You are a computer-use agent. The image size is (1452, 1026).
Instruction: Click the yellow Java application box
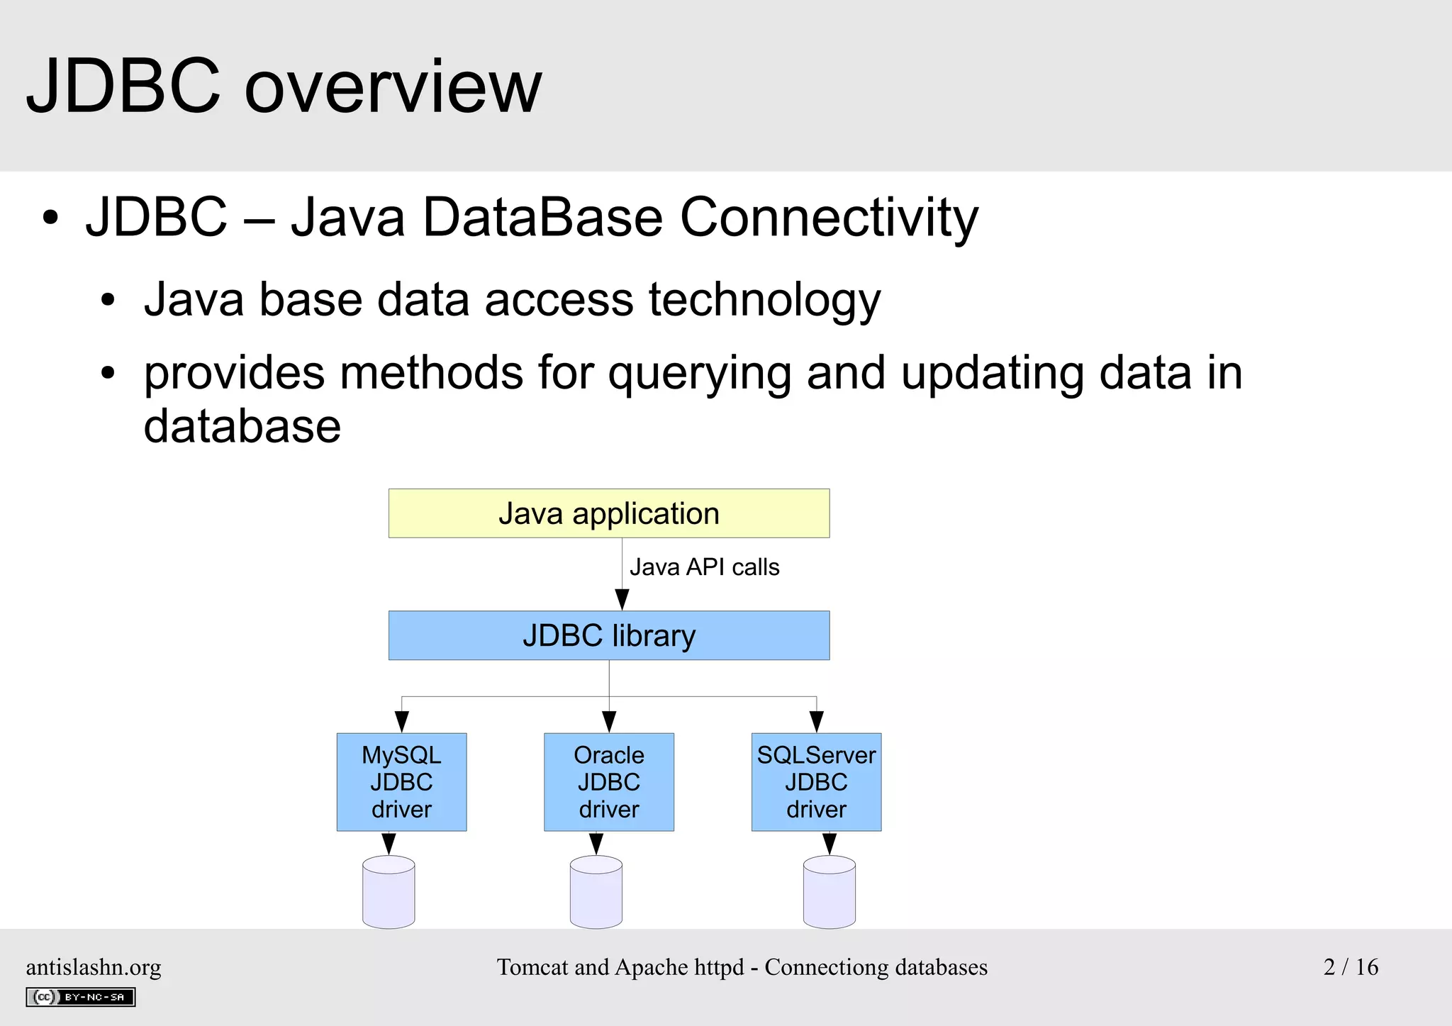click(608, 513)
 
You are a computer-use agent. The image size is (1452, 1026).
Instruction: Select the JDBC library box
click(608, 635)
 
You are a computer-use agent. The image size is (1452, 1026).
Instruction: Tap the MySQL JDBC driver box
click(401, 782)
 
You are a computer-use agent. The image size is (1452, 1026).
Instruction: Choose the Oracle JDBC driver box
click(608, 782)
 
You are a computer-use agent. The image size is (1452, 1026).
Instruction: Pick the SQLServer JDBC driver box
click(816, 782)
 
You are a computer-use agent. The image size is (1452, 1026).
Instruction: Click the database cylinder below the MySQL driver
click(389, 893)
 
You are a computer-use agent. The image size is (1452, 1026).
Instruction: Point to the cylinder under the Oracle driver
click(596, 893)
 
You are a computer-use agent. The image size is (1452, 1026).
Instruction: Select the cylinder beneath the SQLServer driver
click(829, 893)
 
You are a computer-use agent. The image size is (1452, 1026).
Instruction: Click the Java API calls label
click(704, 567)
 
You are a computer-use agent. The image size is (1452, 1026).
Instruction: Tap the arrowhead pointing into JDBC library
click(622, 600)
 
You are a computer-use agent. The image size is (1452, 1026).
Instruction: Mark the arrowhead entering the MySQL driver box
click(401, 723)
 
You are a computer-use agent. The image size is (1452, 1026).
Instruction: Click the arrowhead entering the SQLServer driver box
click(816, 723)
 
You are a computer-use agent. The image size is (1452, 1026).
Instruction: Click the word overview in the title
click(392, 88)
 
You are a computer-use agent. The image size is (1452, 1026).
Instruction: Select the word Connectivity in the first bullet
click(828, 217)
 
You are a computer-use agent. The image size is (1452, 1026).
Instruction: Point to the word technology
click(764, 300)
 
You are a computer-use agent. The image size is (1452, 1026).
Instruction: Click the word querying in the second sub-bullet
click(699, 374)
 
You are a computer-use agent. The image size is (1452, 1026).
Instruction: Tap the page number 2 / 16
click(1350, 967)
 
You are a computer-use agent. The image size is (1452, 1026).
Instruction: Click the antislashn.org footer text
click(94, 967)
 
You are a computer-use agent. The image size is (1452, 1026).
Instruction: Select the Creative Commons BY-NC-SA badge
click(80, 997)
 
